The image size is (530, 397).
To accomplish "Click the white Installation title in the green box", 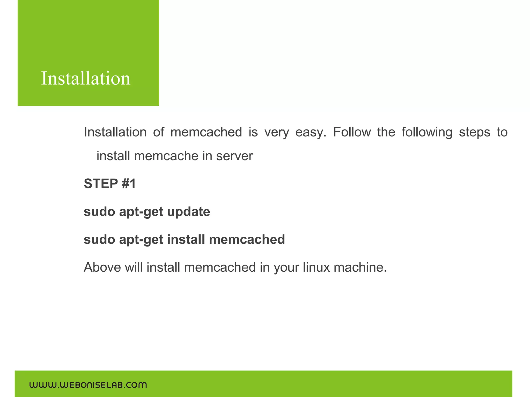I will (86, 78).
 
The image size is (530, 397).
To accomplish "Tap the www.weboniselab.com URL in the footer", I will (88, 385).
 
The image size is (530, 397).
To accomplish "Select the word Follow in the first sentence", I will (352, 132).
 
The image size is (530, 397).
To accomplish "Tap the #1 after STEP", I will (129, 184).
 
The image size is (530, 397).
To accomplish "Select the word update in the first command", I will (188, 212).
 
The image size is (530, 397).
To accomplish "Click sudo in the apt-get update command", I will (99, 212).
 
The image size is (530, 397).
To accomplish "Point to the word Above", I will (102, 267).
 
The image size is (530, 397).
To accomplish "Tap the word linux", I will (316, 267).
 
